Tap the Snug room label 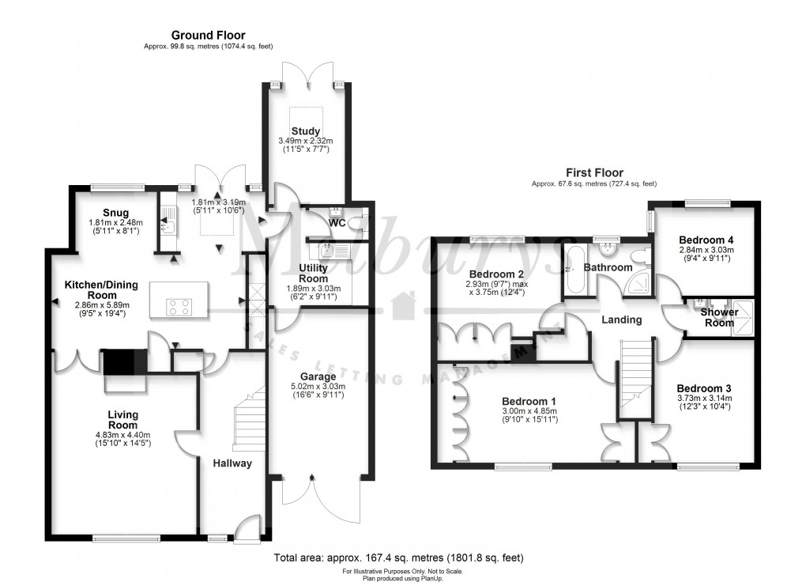pyautogui.click(x=115, y=213)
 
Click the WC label pyautogui.click(x=337, y=224)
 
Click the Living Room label pyautogui.click(x=122, y=420)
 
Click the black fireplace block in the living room pyautogui.click(x=119, y=363)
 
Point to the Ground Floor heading pyautogui.click(x=209, y=35)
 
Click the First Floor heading pyautogui.click(x=593, y=172)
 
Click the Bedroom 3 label pyautogui.click(x=703, y=388)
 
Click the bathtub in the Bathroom pyautogui.click(x=573, y=270)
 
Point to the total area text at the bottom pyautogui.click(x=397, y=558)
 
